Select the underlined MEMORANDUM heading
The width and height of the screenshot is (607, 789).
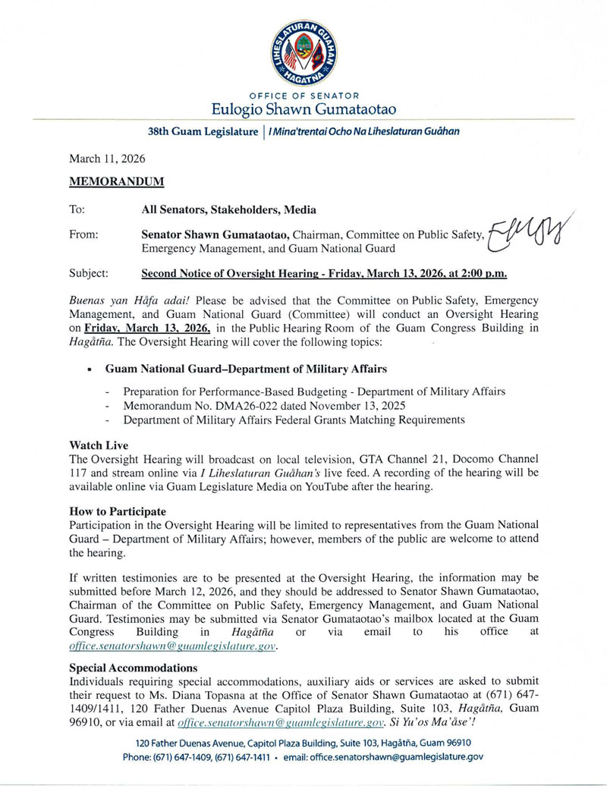(116, 182)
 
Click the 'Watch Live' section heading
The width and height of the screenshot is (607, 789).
(99, 443)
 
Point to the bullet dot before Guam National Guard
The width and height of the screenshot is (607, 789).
(91, 369)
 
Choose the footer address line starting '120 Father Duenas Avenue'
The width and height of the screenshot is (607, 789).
(303, 743)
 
